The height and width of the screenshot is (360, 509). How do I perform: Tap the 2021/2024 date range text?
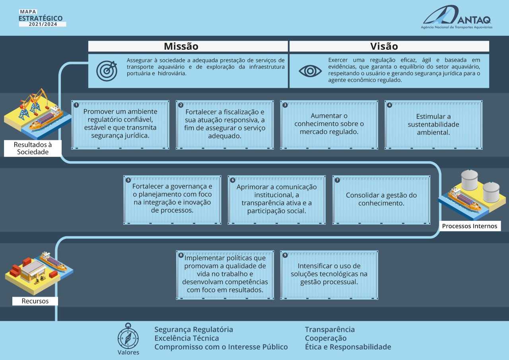point(43,24)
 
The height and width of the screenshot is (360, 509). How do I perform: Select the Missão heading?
point(181,47)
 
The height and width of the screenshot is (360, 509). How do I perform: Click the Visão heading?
point(384,47)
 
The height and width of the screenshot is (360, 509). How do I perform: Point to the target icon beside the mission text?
point(107,71)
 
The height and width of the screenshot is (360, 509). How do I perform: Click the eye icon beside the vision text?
point(310,71)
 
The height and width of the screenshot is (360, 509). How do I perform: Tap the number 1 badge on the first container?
point(76,105)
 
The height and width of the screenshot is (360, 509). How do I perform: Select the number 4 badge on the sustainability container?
point(389,105)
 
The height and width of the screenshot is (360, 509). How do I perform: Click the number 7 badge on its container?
point(337,180)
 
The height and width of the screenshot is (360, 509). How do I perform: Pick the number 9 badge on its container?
point(285,255)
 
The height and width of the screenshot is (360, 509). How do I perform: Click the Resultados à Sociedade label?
point(33,148)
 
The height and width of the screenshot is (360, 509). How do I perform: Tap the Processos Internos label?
point(470,226)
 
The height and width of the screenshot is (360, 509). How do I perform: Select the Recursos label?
point(35,301)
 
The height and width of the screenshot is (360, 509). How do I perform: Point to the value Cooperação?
point(326,338)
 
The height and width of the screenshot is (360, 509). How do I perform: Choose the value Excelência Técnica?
point(187,338)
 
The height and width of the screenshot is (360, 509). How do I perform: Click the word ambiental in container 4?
point(433,132)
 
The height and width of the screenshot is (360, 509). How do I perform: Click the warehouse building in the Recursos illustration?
point(33,271)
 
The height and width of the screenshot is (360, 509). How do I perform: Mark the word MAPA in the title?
point(28,12)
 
